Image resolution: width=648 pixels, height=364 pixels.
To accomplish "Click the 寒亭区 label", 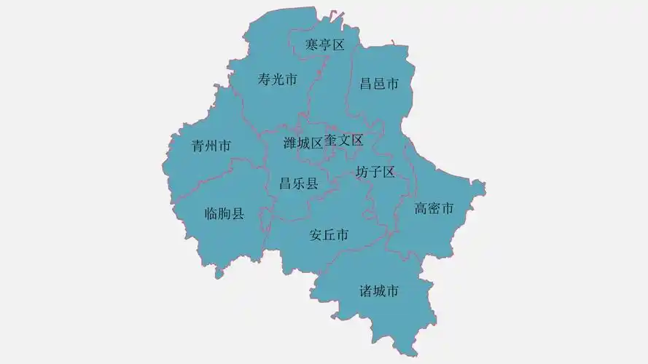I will pos(324,45).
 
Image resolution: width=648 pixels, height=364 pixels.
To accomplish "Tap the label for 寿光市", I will pos(278,80).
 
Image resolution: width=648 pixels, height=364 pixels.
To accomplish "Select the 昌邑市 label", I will pos(380,84).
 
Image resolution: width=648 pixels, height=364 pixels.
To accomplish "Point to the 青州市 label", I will pos(211,146).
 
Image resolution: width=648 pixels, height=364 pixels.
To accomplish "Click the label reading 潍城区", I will pos(302,143).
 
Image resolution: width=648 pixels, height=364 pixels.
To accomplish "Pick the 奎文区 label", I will pos(343,140).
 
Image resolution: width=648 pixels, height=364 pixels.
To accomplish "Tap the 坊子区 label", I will pos(375,173).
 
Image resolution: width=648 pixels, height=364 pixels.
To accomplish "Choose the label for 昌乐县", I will pos(299,183).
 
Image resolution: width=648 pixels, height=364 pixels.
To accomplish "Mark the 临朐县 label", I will pos(225,214).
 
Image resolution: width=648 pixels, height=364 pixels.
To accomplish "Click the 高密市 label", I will pos(434,209).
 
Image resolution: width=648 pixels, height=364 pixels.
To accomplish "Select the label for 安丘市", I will pos(329,235).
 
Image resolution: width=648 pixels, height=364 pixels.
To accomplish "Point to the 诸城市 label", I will pos(379,292).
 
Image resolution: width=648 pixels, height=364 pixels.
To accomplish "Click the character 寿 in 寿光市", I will pos(265,80).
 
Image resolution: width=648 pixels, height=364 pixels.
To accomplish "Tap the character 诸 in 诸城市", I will pos(366,292).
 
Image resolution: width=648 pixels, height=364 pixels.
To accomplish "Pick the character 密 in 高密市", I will pos(434,209).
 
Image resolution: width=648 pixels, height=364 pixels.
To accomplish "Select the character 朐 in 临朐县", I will pos(225,214).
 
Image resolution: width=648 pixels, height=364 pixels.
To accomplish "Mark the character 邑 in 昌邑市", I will pos(380,84).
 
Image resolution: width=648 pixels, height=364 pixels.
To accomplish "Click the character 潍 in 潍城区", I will pos(289,143).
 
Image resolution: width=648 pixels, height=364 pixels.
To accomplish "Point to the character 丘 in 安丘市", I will pos(329,235).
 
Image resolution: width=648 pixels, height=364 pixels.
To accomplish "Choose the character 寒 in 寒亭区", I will pos(311,45).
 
